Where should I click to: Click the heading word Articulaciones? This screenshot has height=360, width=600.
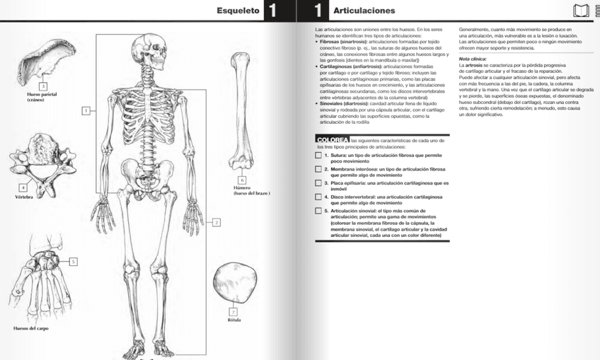click(x=364, y=11)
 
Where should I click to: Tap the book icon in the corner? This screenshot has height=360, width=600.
click(x=581, y=11)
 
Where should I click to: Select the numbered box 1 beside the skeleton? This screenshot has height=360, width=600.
click(x=86, y=110)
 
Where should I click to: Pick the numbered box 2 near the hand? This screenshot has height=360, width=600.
click(x=217, y=222)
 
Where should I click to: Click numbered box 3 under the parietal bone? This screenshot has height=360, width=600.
click(x=42, y=86)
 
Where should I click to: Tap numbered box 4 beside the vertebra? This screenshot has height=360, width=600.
click(x=23, y=187)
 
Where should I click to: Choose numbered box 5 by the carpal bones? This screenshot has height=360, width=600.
click(x=73, y=262)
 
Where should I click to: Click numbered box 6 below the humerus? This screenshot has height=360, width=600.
click(x=241, y=180)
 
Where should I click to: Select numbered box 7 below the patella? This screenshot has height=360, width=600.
click(x=233, y=311)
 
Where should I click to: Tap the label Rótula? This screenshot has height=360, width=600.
click(x=233, y=320)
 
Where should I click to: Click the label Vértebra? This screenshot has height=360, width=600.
click(x=24, y=197)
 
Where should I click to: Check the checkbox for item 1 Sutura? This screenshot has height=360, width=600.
click(x=318, y=155)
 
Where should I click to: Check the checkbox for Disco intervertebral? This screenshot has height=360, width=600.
click(x=318, y=197)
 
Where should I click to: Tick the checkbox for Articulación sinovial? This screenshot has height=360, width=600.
click(x=318, y=210)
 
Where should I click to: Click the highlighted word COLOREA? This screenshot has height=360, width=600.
click(x=332, y=140)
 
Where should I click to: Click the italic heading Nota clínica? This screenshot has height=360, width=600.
click(x=473, y=59)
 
